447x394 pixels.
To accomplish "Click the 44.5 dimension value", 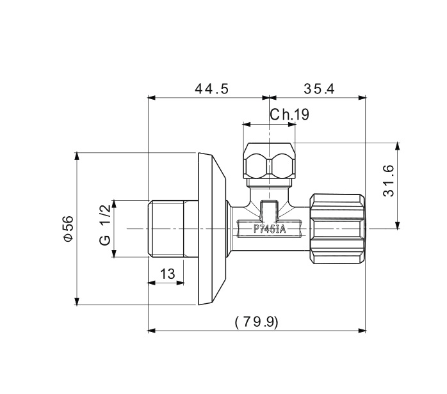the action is [x=211, y=89].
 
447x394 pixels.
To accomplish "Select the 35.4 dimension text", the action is [x=319, y=89].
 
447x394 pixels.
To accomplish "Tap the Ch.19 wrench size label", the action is [x=289, y=114].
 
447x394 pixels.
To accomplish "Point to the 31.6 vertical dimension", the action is [x=389, y=181].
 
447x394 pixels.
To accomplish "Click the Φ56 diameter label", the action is [x=69, y=228].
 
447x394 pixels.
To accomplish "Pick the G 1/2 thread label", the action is [x=105, y=225].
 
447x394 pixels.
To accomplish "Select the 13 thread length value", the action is [x=167, y=274].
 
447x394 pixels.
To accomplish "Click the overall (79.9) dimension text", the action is [x=256, y=322].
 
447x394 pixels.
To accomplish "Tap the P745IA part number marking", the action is [x=270, y=229].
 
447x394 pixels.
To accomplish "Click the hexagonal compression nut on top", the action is [x=269, y=161].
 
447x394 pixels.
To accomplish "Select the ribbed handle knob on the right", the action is [x=337, y=229].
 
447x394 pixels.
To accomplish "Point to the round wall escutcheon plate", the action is [x=212, y=229].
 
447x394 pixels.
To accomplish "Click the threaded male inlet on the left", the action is [x=173, y=229].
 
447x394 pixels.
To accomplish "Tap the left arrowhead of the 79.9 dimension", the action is [x=152, y=331].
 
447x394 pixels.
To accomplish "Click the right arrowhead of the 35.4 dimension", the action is [x=362, y=98].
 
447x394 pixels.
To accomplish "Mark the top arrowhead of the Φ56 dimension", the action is [x=77, y=157].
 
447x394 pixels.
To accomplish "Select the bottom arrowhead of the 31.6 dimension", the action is [x=398, y=225].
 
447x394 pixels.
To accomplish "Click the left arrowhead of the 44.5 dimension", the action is [x=152, y=98].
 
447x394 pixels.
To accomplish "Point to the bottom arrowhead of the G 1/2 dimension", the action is [x=115, y=254].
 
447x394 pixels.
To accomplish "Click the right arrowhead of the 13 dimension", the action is [x=181, y=283].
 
